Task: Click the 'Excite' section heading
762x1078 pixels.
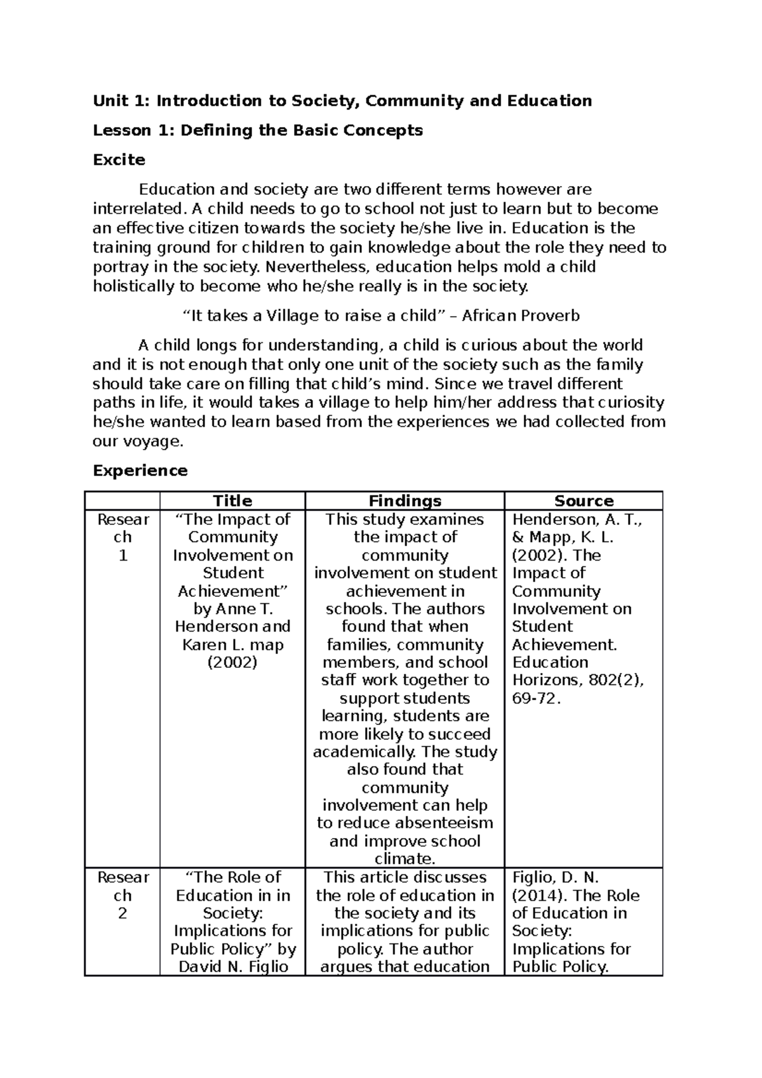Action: tap(119, 160)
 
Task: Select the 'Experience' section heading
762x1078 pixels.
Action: tap(140, 470)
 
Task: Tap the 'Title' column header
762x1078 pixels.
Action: tap(232, 501)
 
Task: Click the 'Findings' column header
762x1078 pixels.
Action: tap(404, 501)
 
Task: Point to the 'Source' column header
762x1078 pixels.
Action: tap(584, 501)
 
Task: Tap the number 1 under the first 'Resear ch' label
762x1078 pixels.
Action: tap(123, 556)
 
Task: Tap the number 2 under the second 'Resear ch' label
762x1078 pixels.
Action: tap(123, 914)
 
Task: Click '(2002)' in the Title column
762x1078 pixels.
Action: tap(232, 663)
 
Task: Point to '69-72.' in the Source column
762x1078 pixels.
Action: tap(537, 698)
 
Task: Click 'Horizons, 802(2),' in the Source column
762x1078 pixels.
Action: tap(578, 681)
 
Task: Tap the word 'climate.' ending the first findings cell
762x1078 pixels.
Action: tap(404, 859)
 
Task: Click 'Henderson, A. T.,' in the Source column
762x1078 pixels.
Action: tap(577, 519)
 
